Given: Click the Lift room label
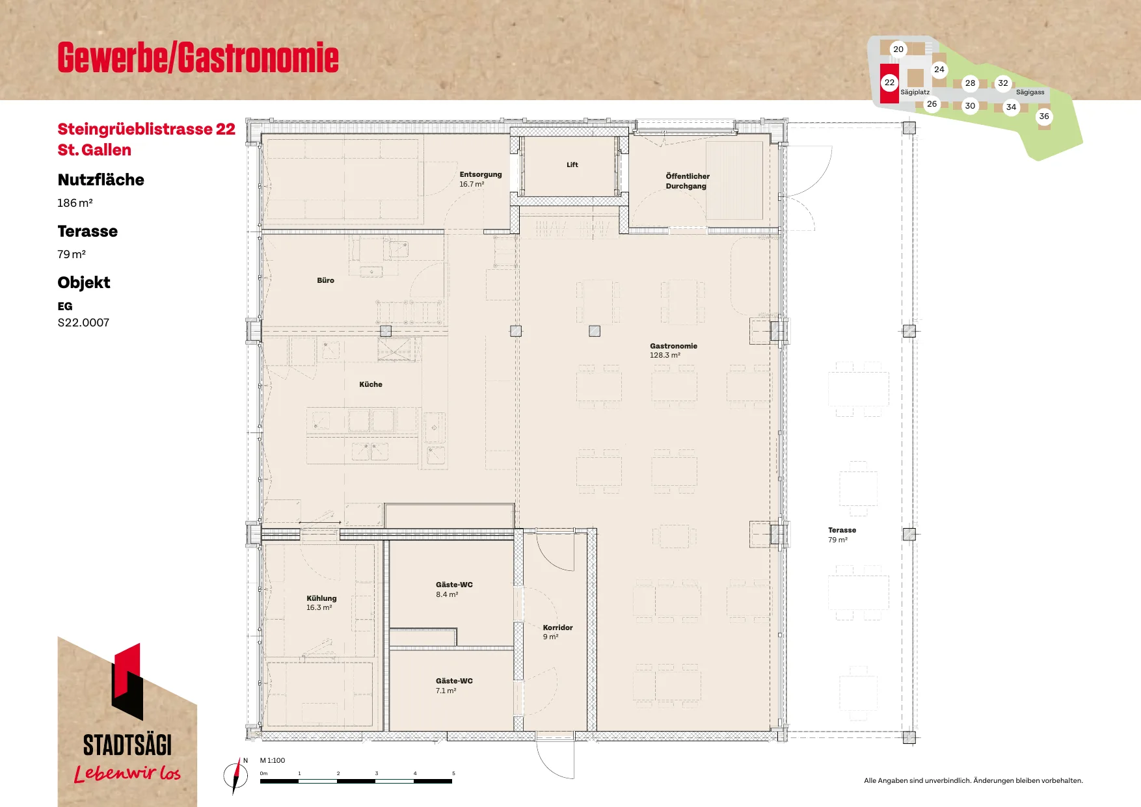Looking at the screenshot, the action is click(572, 165).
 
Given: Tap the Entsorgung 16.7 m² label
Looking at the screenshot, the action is click(481, 179).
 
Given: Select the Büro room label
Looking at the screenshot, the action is click(325, 280).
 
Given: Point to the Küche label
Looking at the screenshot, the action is click(371, 384).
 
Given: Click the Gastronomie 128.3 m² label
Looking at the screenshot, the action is click(673, 351).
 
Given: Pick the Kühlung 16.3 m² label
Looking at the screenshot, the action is click(321, 603).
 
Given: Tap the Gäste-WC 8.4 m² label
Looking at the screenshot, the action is click(454, 589).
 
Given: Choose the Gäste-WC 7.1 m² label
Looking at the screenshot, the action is click(454, 685).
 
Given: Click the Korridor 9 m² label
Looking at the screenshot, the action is click(557, 632).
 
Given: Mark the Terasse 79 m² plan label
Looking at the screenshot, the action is click(842, 535).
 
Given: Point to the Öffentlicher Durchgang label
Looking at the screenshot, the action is click(688, 181).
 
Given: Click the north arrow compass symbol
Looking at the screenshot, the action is click(236, 775).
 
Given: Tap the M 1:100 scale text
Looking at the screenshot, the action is click(273, 760).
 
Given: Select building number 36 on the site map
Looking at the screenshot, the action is click(1044, 116).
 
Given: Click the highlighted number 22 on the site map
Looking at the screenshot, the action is click(889, 83).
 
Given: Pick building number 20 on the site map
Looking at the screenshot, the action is click(898, 49).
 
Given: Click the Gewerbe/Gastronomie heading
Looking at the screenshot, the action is click(198, 57).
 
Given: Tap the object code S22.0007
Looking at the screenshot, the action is click(83, 323).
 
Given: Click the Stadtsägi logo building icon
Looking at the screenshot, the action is click(128, 681).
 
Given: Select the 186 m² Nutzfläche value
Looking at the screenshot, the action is click(75, 203).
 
